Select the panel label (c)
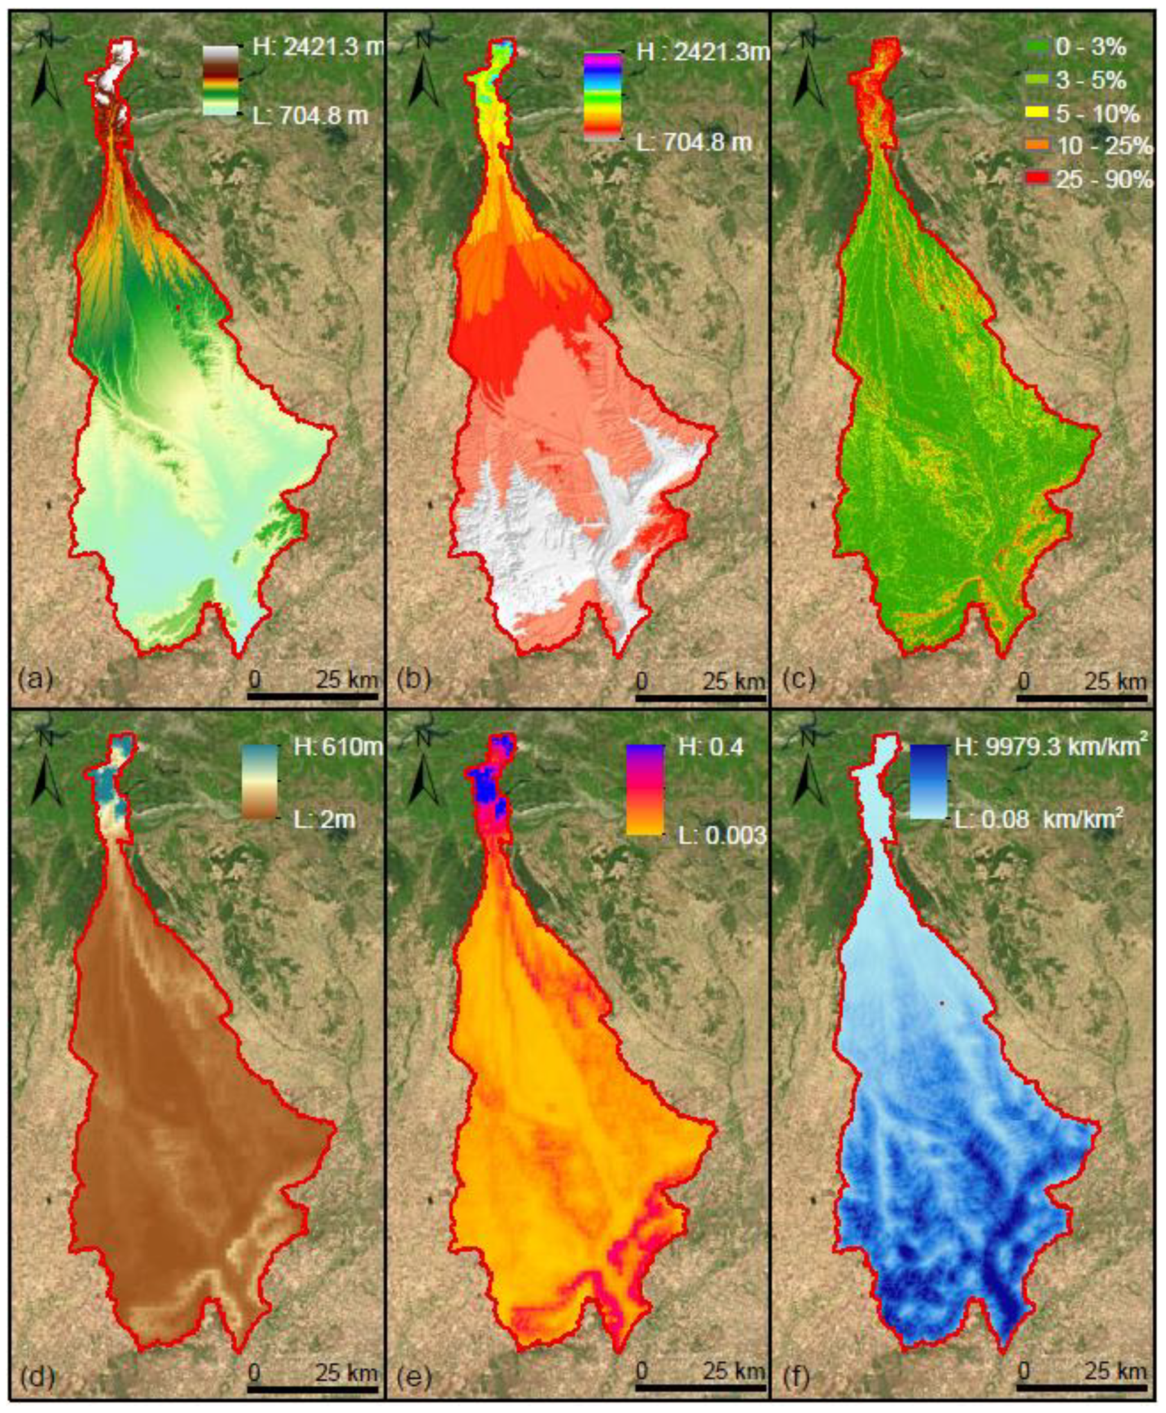(x=798, y=681)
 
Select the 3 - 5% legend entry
(x=1075, y=81)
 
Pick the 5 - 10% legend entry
(x=1081, y=114)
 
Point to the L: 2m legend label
(x=325, y=819)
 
